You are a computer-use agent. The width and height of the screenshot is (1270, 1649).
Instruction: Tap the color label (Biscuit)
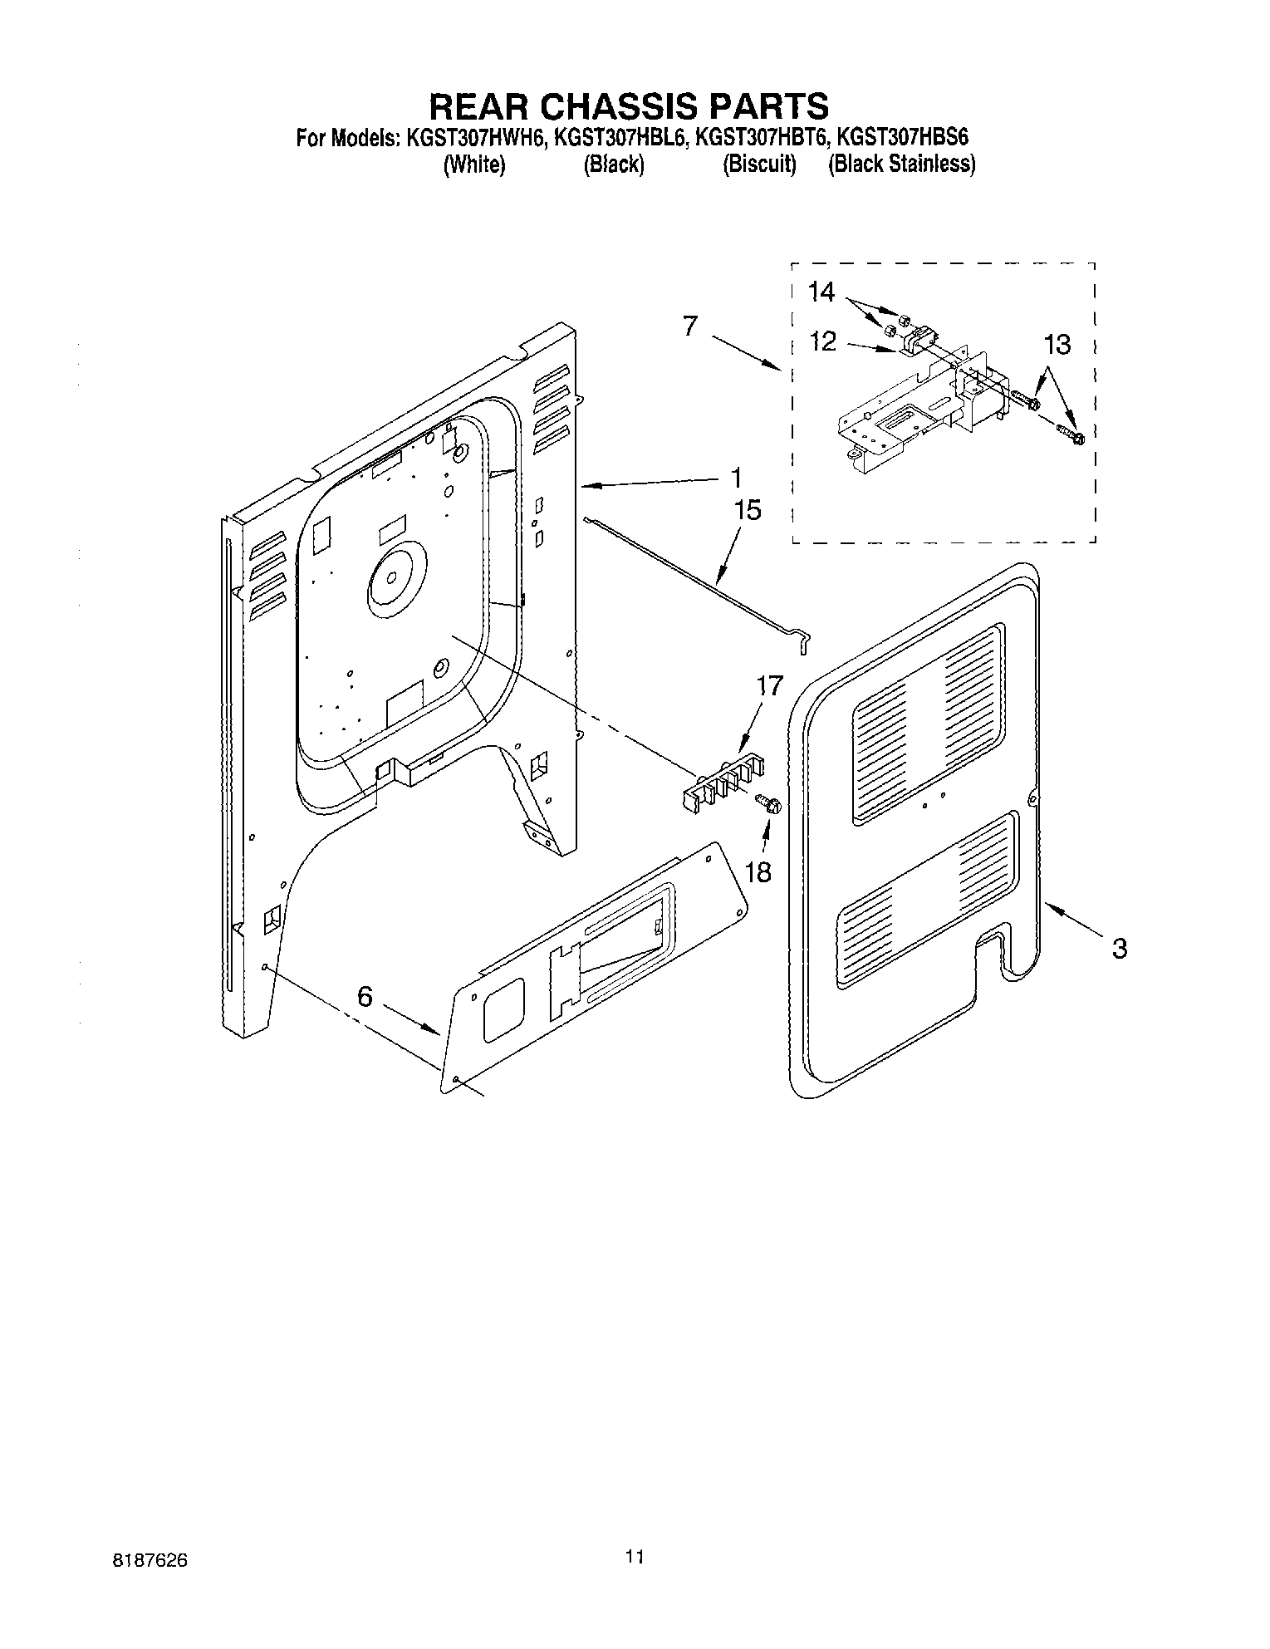pyautogui.click(x=759, y=164)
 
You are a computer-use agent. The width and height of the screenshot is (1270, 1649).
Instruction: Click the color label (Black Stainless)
pyautogui.click(x=901, y=164)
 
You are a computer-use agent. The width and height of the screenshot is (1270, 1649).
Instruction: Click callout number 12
pyautogui.click(x=822, y=341)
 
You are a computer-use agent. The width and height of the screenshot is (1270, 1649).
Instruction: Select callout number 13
pyautogui.click(x=1057, y=344)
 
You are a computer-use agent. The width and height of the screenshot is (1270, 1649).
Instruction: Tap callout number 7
pyautogui.click(x=689, y=326)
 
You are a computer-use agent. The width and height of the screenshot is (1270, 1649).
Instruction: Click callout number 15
pyautogui.click(x=748, y=510)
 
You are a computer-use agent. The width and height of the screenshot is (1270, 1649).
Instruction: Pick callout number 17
pyautogui.click(x=770, y=686)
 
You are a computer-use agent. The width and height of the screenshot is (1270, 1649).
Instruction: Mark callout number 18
pyautogui.click(x=758, y=871)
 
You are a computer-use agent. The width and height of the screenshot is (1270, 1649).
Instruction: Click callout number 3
pyautogui.click(x=1120, y=948)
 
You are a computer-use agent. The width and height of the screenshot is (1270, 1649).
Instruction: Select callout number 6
pyautogui.click(x=365, y=996)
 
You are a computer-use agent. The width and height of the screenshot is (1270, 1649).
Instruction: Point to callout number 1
pyautogui.click(x=734, y=479)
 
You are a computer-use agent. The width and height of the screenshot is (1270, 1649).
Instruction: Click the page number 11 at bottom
pyautogui.click(x=635, y=1557)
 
